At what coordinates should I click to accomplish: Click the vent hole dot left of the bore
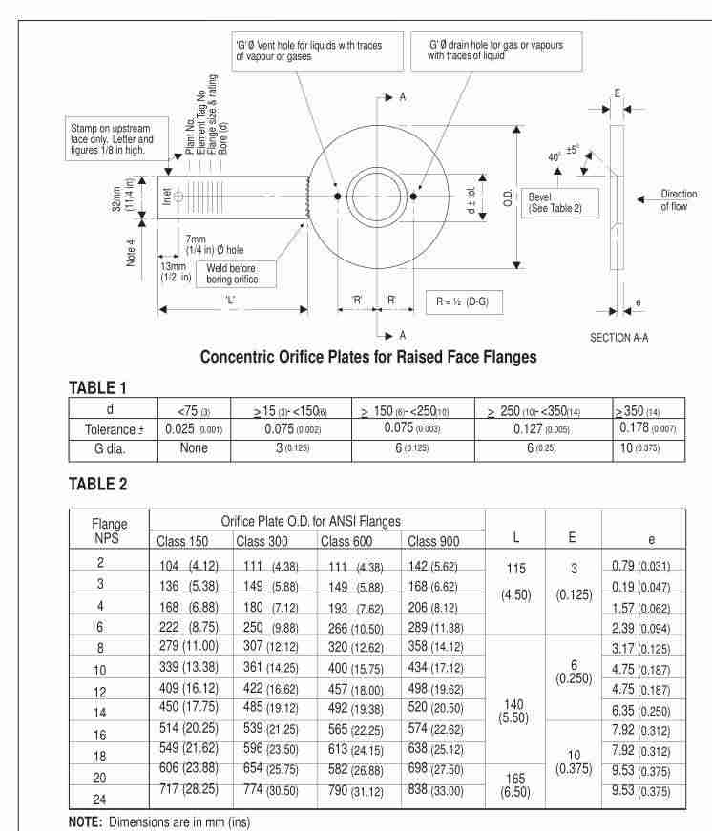[x=337, y=197]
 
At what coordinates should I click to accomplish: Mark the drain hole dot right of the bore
[x=414, y=197]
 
